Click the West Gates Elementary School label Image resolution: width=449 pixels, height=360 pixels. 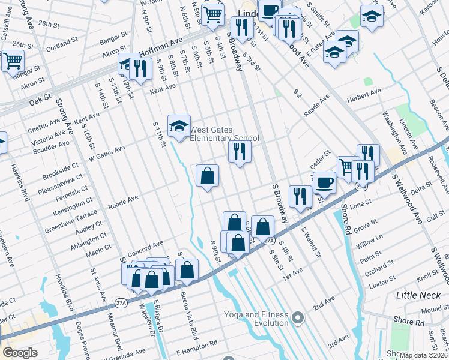pyautogui.click(x=224, y=134)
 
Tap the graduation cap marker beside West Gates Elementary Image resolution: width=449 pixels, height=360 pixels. pyautogui.click(x=179, y=126)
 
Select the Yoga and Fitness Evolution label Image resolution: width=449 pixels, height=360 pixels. pyautogui.click(x=256, y=319)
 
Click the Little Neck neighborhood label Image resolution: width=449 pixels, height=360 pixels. pyautogui.click(x=418, y=295)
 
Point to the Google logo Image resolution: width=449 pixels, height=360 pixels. pyautogui.click(x=20, y=353)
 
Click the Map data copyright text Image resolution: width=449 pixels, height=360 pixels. pyautogui.click(x=423, y=355)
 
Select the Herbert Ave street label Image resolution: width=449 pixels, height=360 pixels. pyautogui.click(x=367, y=92)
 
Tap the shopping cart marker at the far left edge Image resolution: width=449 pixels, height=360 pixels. pyautogui.click(x=12, y=61)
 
